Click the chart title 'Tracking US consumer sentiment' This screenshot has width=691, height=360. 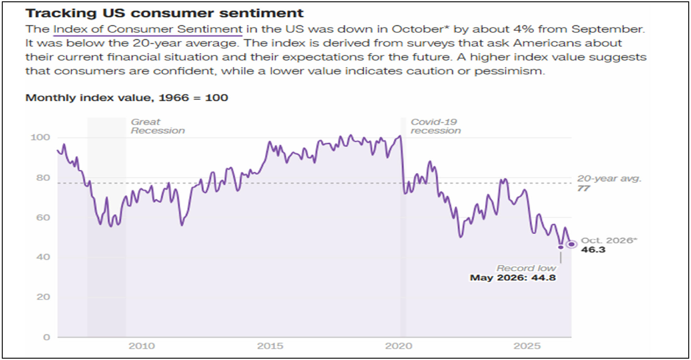(165, 13)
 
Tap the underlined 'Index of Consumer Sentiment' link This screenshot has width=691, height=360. (148, 29)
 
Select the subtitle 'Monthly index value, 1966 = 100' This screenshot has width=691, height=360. (127, 98)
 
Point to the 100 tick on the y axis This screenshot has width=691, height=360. (40, 137)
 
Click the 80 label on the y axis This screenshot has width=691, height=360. (43, 178)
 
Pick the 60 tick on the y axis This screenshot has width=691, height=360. (43, 218)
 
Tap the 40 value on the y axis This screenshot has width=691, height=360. (43, 257)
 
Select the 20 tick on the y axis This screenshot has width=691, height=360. (43, 297)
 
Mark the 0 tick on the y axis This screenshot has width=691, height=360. (46, 337)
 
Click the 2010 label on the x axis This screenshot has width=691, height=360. (142, 346)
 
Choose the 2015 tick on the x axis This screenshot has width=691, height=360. (270, 346)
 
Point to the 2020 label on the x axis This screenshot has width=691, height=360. (398, 346)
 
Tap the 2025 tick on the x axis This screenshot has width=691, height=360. (527, 346)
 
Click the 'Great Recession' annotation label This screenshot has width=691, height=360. (158, 126)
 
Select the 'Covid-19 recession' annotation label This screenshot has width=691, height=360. (435, 126)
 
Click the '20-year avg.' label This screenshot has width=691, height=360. (609, 178)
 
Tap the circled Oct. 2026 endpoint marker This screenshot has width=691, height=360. (572, 244)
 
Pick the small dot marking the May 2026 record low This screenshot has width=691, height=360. (561, 247)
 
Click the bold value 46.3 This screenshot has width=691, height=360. (593, 250)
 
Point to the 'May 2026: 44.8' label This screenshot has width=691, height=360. (513, 278)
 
